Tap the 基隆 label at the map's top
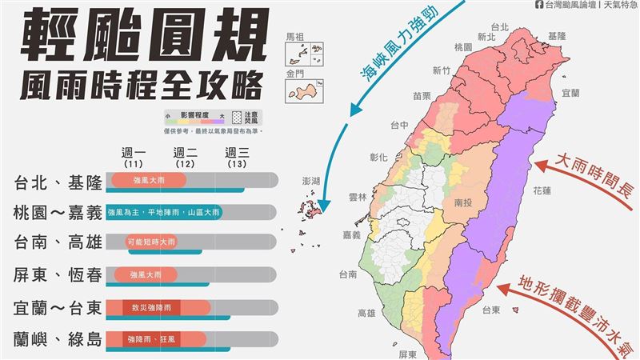tap(558, 37)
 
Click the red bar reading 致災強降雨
tap(157, 306)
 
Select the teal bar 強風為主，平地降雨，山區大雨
tap(163, 211)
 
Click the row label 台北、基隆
tap(58, 183)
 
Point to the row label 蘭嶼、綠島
tap(58, 339)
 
